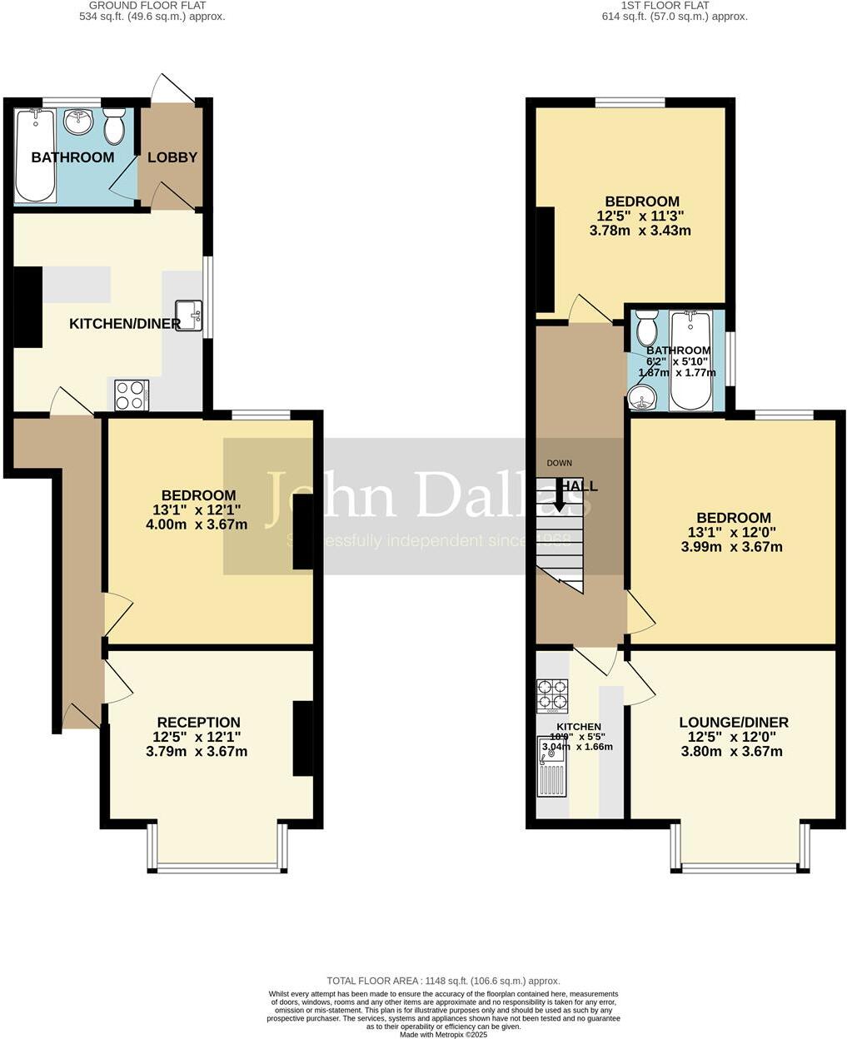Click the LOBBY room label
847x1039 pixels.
[x=172, y=157]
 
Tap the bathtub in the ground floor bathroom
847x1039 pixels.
[x=34, y=156]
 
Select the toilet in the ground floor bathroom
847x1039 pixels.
[x=114, y=127]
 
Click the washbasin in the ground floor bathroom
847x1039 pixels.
[x=81, y=122]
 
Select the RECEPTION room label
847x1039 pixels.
[x=198, y=723]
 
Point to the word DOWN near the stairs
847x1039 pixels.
[x=559, y=463]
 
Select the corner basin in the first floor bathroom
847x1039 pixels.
[x=642, y=401]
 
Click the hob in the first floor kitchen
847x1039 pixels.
[x=552, y=696]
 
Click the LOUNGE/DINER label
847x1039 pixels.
[x=733, y=723]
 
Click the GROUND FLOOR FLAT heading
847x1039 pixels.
[x=152, y=5]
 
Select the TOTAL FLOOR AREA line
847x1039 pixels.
[x=443, y=981]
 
